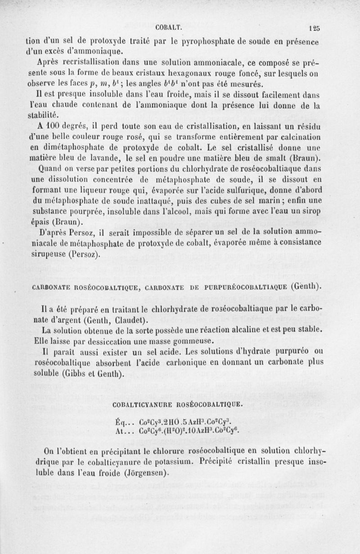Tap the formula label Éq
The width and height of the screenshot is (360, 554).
click(119, 422)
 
